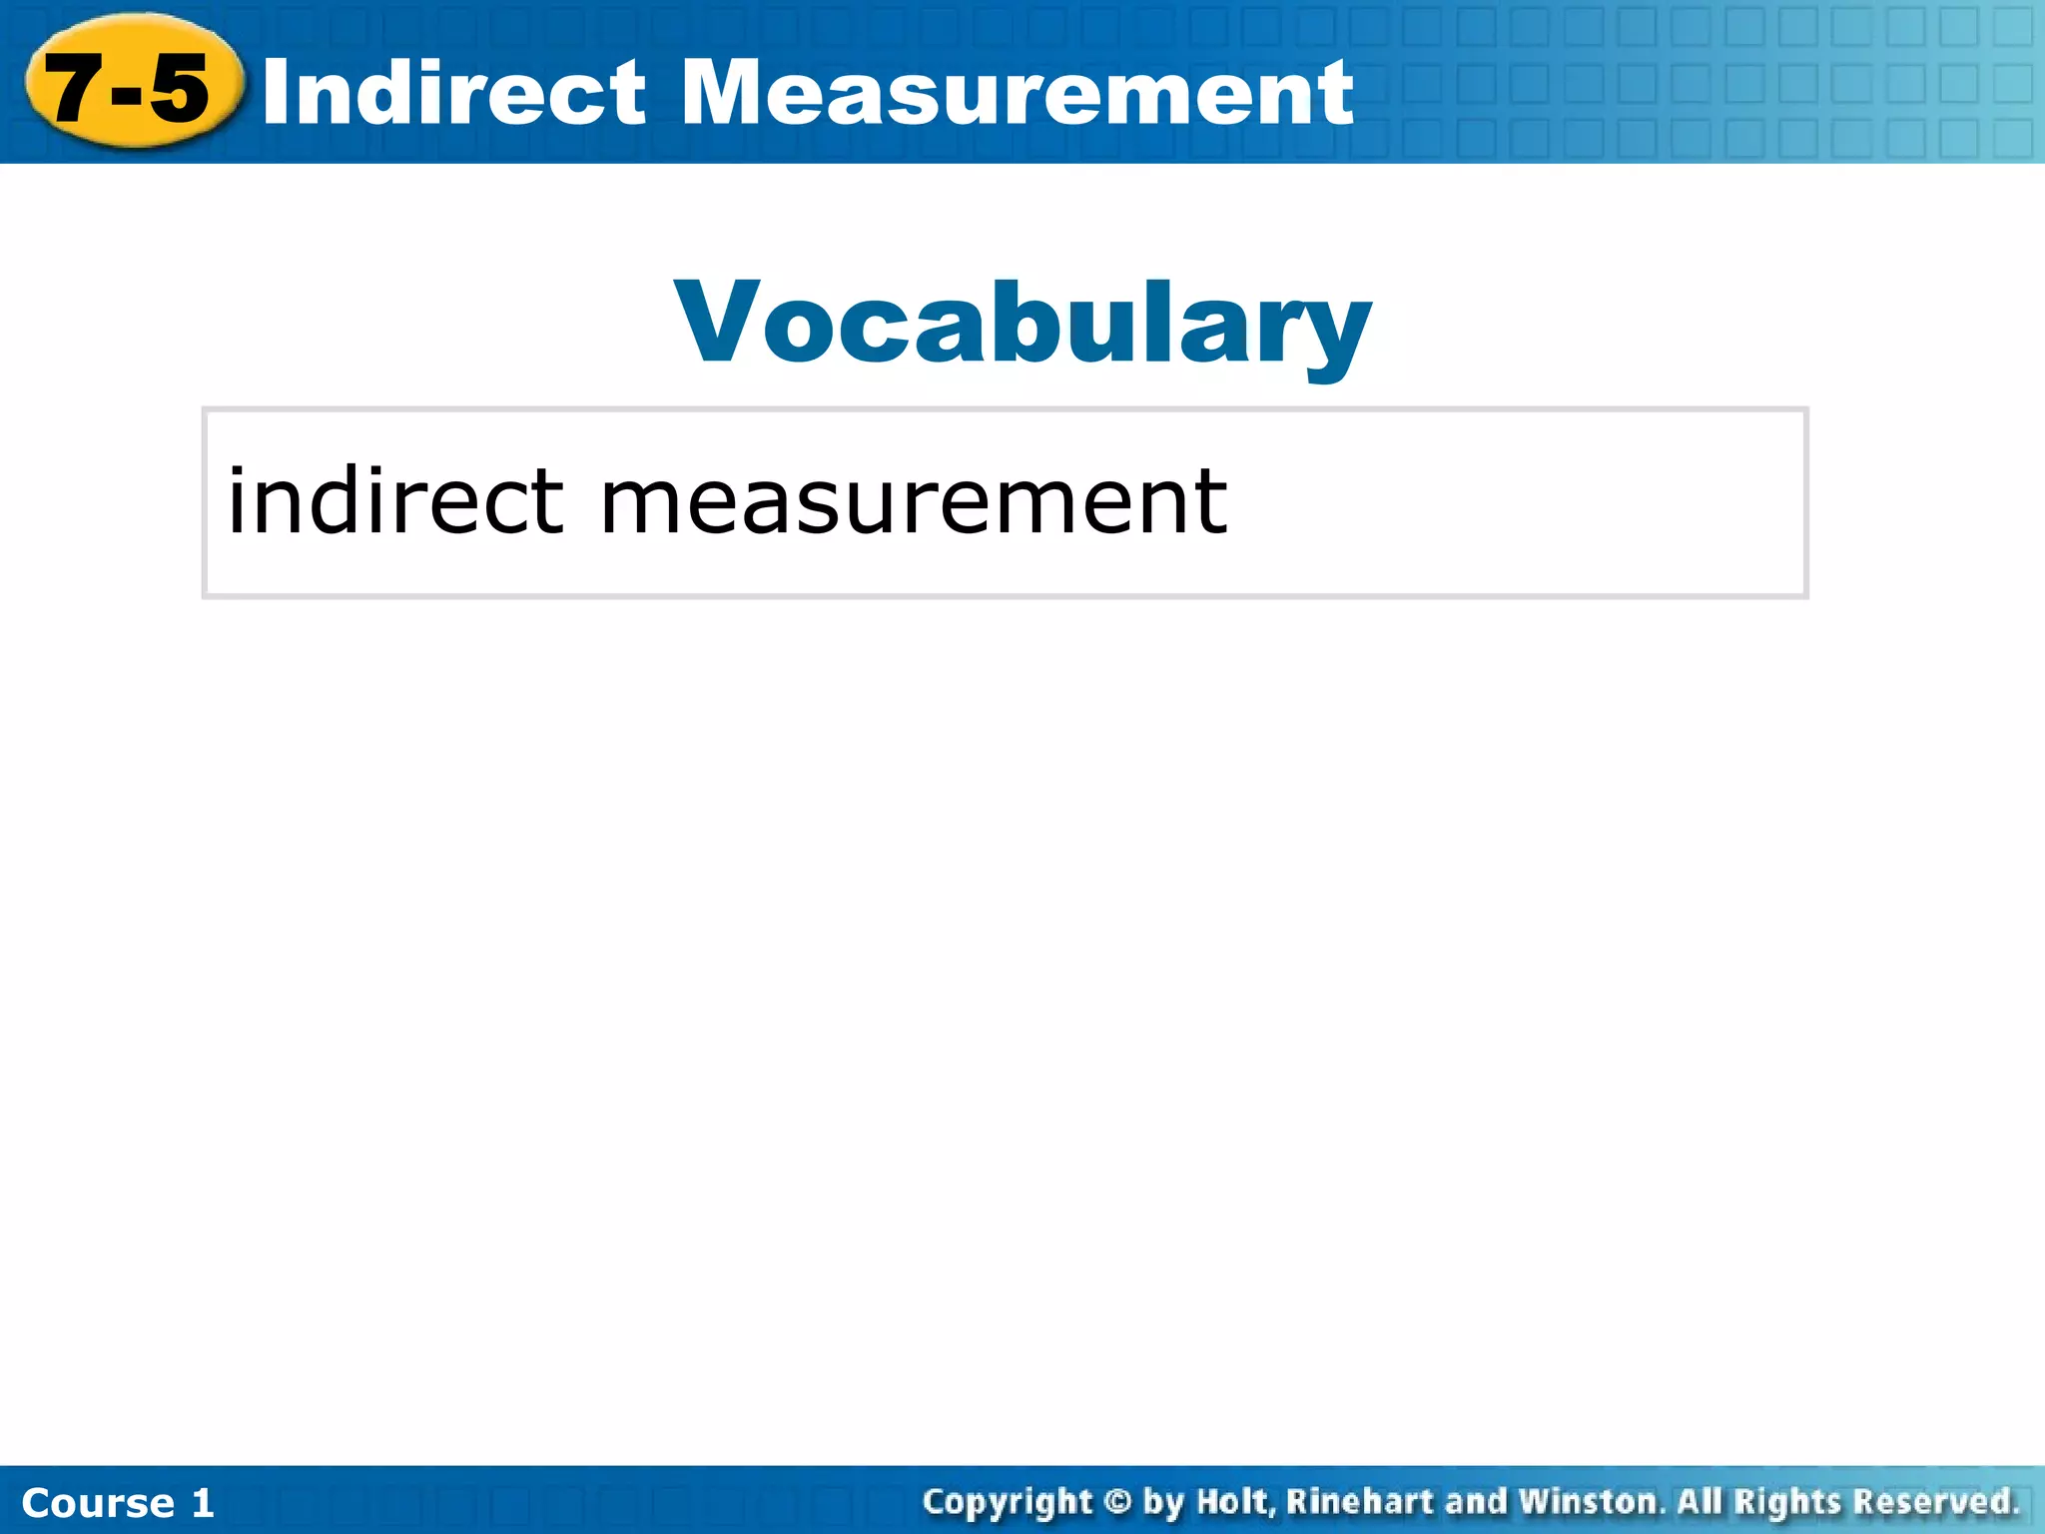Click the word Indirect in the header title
click(454, 92)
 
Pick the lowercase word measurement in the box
click(913, 501)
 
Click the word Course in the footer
click(98, 1503)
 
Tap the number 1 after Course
click(203, 1503)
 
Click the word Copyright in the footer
click(1008, 1502)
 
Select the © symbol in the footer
click(1117, 1501)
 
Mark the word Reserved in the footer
click(1933, 1501)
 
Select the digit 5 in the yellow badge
click(180, 88)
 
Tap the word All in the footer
click(1699, 1501)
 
